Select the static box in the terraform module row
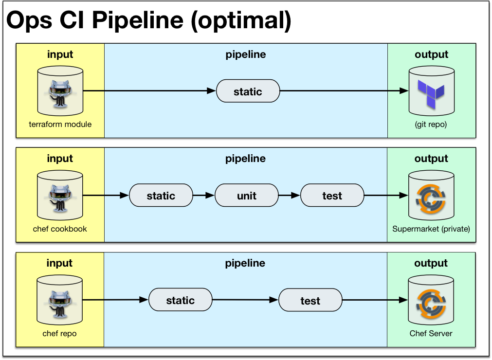248,91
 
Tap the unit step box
247,196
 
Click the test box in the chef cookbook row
332,196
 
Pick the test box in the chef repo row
310,300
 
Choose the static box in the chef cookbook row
161,196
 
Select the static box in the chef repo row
181,300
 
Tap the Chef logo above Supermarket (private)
431,198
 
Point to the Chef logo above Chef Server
431,303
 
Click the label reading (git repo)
431,125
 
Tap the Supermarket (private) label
431,229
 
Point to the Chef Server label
431,333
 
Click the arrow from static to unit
203,196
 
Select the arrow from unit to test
289,196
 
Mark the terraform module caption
60,124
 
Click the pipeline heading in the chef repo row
245,263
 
